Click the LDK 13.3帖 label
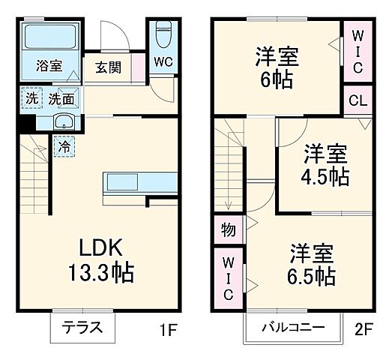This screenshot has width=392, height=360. tap(106, 259)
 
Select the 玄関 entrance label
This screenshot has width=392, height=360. tap(107, 67)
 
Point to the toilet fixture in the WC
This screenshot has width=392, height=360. tap(164, 34)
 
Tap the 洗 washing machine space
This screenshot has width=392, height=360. tap(31, 97)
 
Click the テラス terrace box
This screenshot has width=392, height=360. tap(76, 328)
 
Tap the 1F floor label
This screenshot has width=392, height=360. tap(168, 328)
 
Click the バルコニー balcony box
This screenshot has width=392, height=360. tap(293, 328)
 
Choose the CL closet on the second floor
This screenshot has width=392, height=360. tap(356, 100)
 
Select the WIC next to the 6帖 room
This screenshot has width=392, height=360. tap(357, 51)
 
